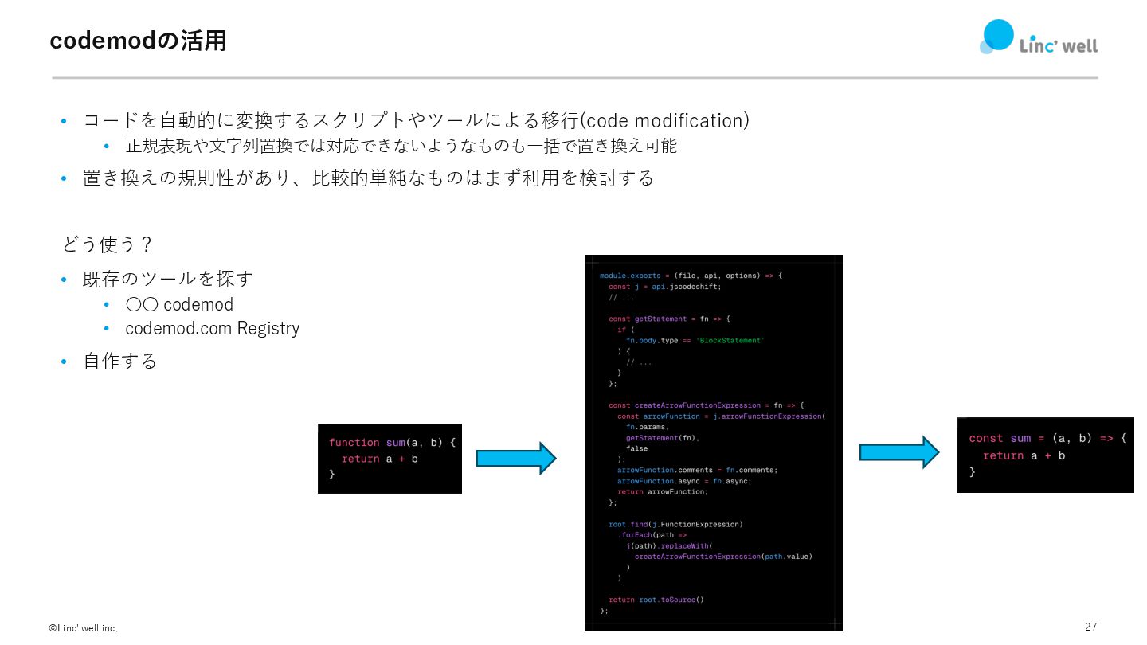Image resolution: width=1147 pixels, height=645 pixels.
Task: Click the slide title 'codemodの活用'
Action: click(138, 41)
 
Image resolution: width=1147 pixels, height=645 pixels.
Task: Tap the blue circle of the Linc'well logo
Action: click(998, 35)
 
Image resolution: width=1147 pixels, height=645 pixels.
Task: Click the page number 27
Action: click(1090, 627)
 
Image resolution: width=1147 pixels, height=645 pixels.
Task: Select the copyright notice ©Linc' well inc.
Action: click(84, 628)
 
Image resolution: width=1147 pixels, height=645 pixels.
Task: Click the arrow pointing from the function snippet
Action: click(515, 458)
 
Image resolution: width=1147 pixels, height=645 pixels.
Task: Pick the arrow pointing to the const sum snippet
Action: click(898, 451)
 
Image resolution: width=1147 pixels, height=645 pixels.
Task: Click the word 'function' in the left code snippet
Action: click(354, 443)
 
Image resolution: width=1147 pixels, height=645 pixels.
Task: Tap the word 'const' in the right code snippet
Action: click(986, 439)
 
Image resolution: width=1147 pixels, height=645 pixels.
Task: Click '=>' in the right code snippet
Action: click(1106, 439)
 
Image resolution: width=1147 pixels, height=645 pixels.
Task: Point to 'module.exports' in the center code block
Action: click(630, 276)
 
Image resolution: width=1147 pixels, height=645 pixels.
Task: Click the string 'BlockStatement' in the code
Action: click(730, 340)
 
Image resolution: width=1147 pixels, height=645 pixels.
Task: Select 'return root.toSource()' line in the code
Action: click(656, 600)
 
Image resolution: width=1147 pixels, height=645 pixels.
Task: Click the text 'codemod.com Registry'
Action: click(212, 329)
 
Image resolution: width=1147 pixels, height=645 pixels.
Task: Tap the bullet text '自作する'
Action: click(120, 362)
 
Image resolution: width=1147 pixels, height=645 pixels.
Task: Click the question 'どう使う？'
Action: click(107, 244)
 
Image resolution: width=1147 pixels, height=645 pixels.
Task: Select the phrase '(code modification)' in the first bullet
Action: click(664, 121)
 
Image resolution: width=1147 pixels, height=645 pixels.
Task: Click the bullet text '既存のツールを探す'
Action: click(168, 279)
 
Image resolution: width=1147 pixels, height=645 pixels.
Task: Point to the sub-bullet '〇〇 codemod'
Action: click(179, 305)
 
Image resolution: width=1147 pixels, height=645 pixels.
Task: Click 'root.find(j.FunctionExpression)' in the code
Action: click(675, 524)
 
